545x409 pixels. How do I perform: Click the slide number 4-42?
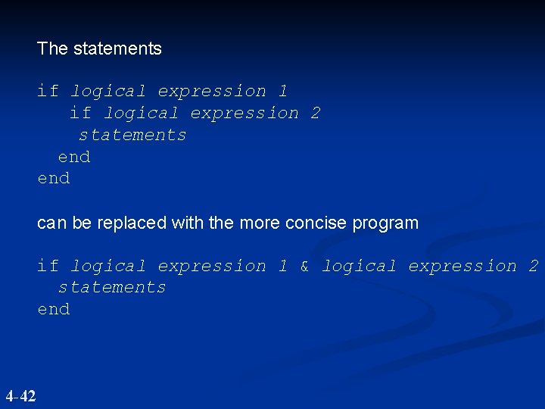[20, 395]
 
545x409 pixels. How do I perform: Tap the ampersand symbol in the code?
[304, 266]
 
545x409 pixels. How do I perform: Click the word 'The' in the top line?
[52, 48]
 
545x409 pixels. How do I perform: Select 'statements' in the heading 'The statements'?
[117, 48]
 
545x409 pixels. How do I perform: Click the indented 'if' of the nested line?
[79, 113]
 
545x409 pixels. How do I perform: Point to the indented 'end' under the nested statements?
[74, 157]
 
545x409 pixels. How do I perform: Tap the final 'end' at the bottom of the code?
[53, 309]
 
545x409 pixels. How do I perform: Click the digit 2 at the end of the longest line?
[533, 266]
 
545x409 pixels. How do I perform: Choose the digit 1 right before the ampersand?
[282, 266]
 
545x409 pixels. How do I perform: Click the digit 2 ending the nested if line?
[315, 113]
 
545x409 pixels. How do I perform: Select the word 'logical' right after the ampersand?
[359, 266]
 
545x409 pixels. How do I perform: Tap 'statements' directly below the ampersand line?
[112, 287]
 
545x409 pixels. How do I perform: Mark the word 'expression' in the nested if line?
[244, 113]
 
